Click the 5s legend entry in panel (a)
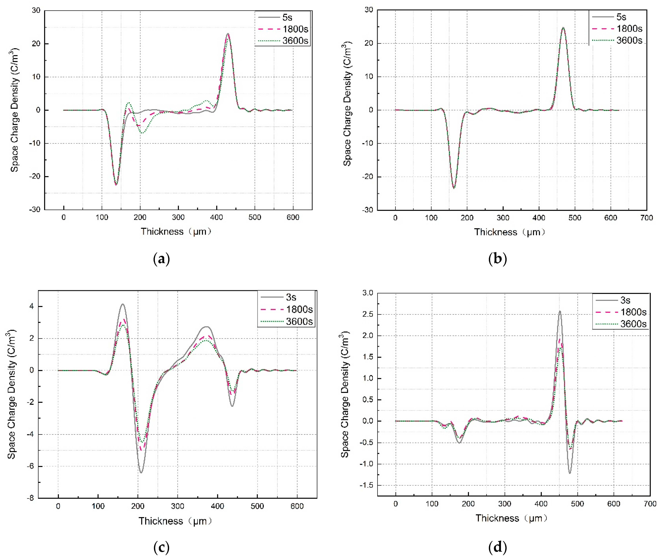click(287, 17)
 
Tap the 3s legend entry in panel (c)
click(291, 297)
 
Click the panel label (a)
click(161, 259)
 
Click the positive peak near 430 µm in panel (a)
click(228, 34)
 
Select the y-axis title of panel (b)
click(347, 104)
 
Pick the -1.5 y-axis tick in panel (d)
click(366, 485)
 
